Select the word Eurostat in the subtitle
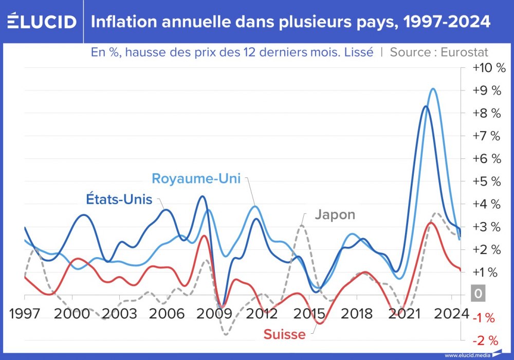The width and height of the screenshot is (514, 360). tap(464, 52)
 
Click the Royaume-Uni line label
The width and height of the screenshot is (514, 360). tap(197, 178)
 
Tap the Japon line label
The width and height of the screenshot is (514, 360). tap(335, 214)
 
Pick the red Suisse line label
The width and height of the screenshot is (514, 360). tap(284, 334)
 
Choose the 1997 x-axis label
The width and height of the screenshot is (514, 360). tap(25, 313)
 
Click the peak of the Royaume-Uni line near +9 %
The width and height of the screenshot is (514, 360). tap(433, 89)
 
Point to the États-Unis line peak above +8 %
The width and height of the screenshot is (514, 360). tap(425, 106)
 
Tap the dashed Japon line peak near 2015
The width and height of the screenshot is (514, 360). tap(302, 225)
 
